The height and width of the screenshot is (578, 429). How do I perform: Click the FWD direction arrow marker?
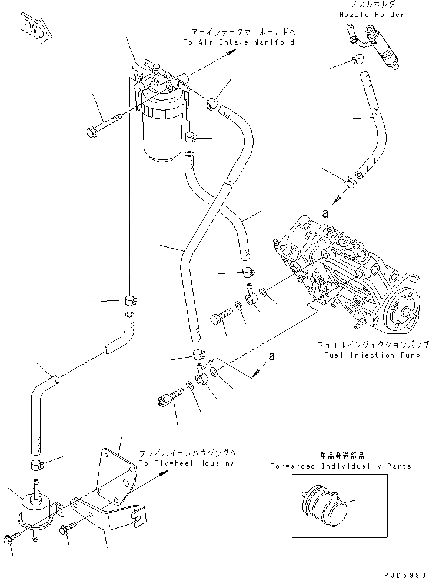tap(34, 28)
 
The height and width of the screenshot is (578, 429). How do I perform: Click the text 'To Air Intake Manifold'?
tap(238, 43)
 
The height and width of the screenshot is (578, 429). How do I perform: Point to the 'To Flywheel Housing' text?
tap(187, 463)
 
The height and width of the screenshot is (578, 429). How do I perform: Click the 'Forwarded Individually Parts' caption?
tap(341, 466)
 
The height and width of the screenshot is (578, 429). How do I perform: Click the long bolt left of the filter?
tap(104, 124)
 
